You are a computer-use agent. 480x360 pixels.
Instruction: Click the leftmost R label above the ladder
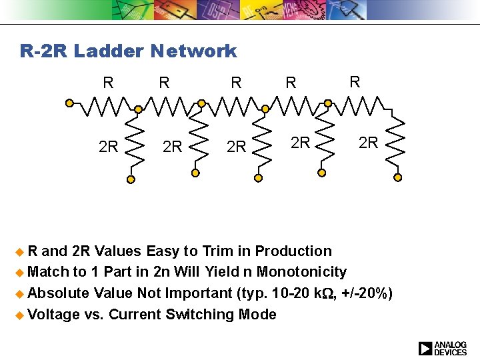108,83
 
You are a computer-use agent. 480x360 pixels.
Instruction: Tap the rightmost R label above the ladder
355,82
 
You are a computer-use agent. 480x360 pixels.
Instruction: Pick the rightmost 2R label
368,142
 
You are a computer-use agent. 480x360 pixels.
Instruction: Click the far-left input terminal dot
69,103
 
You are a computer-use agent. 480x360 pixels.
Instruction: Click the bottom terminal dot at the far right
398,177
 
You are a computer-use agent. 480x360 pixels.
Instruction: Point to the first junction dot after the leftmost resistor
137,109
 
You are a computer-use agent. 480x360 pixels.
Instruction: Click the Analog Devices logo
443,348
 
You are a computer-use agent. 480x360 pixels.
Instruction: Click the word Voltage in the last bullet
54,315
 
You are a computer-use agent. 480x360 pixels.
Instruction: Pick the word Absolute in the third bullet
59,293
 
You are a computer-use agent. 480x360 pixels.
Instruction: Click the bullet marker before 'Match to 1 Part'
22,273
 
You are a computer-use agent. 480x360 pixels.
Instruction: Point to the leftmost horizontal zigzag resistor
103,105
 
